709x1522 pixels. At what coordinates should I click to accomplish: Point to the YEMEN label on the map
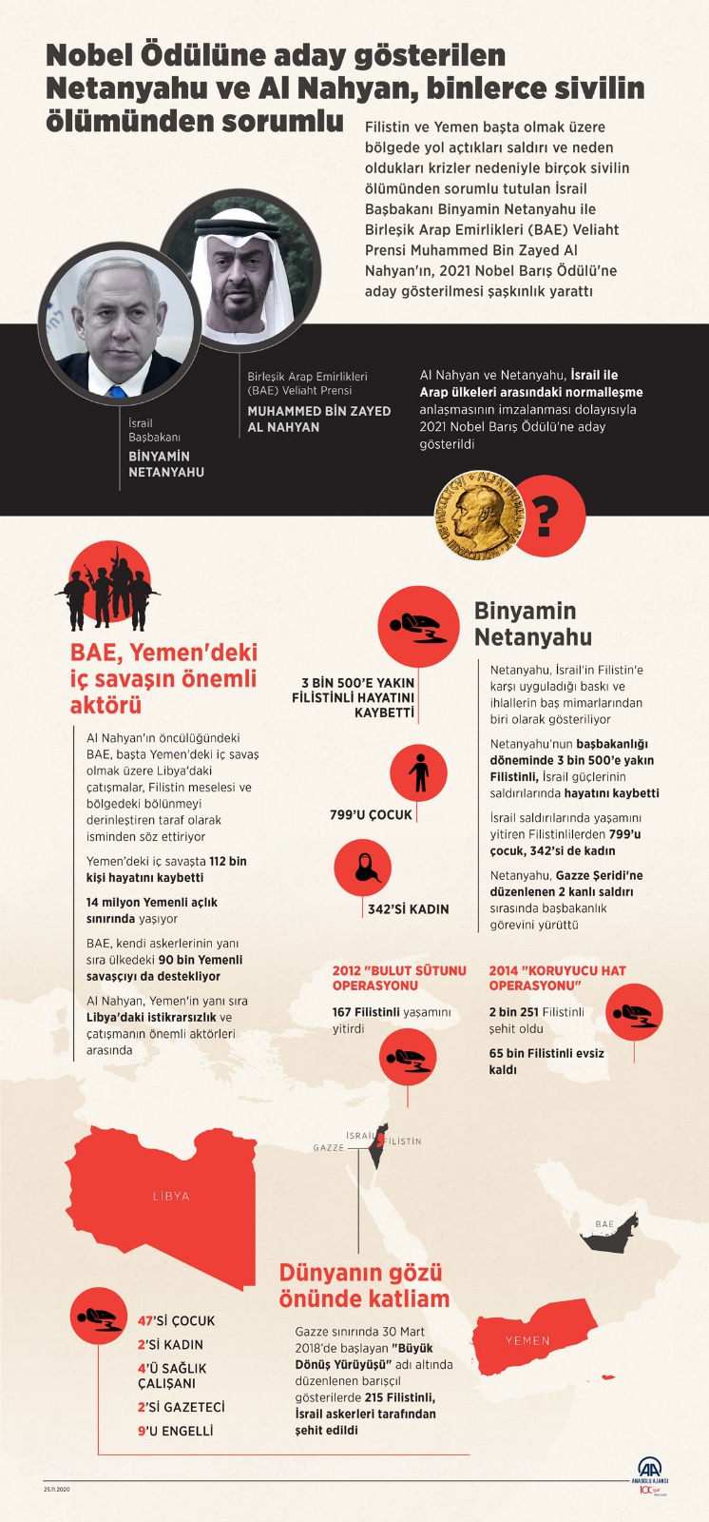coord(527,1340)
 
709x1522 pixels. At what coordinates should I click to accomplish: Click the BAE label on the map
coord(604,1224)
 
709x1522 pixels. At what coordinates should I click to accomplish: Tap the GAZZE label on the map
coord(329,1148)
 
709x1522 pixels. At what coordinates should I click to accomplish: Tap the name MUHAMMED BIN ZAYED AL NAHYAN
coord(318,419)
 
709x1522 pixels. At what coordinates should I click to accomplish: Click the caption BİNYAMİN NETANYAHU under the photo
coord(165,463)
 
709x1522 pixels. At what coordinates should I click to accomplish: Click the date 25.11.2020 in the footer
coord(57,1489)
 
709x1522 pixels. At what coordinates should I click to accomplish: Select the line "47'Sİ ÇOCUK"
coord(176,1320)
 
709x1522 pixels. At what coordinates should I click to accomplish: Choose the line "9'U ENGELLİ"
coord(175,1431)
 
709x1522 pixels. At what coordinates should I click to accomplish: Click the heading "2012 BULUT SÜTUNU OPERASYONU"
coord(399,978)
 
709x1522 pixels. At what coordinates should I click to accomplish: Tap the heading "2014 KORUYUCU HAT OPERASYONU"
coord(557,978)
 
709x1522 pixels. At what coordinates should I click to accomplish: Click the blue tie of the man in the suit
coord(117,389)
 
